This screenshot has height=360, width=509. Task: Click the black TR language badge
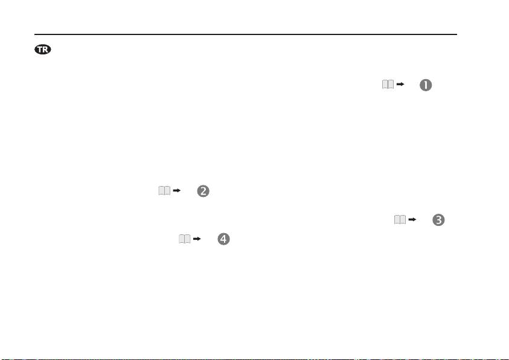coord(43,50)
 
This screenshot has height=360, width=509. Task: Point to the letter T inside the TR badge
coord(40,50)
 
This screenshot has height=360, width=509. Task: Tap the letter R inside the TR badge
coord(46,50)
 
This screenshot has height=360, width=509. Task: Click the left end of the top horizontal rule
coord(34,34)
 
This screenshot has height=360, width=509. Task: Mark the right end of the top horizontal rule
coord(457,34)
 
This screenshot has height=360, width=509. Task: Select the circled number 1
coord(426,85)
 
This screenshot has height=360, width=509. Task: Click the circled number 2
coord(203,191)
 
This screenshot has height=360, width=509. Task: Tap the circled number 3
coord(438,220)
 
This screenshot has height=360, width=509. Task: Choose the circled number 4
coord(223,239)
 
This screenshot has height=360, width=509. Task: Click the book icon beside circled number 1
coord(388,85)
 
